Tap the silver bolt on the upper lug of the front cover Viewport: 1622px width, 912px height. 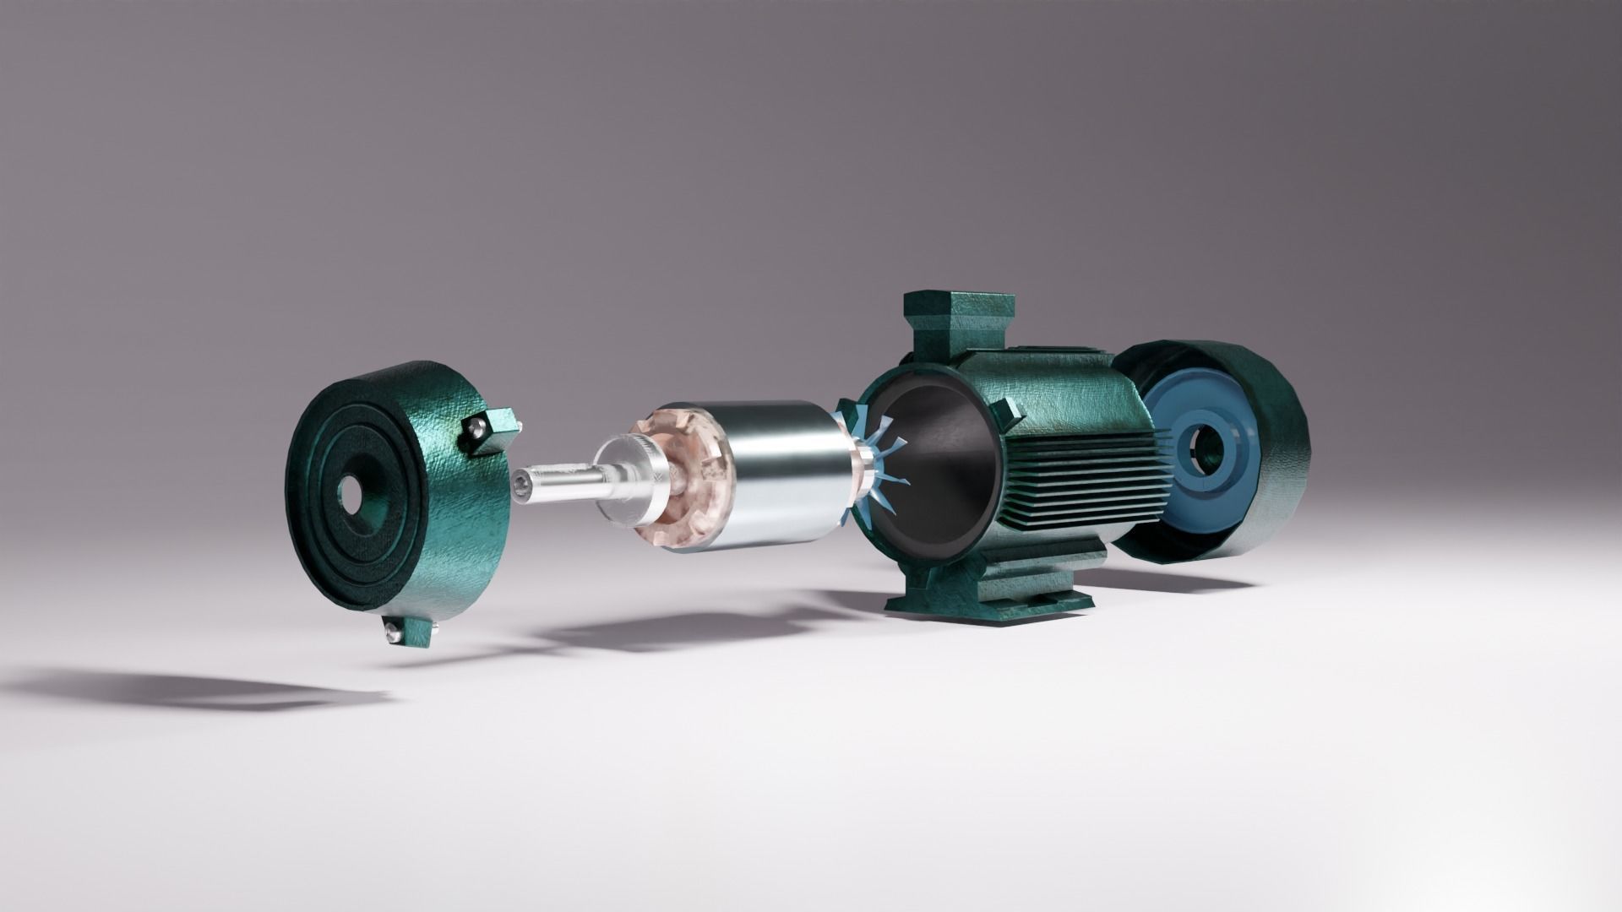pyautogui.click(x=476, y=428)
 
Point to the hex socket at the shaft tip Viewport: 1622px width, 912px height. pyautogui.click(x=520, y=484)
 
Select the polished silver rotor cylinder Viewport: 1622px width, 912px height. pyautogui.click(x=786, y=477)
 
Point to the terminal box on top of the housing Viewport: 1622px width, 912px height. pyautogui.click(x=959, y=325)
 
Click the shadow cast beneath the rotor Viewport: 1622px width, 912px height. pyautogui.click(x=676, y=629)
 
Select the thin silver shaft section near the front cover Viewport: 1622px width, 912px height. pyautogui.click(x=558, y=486)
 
